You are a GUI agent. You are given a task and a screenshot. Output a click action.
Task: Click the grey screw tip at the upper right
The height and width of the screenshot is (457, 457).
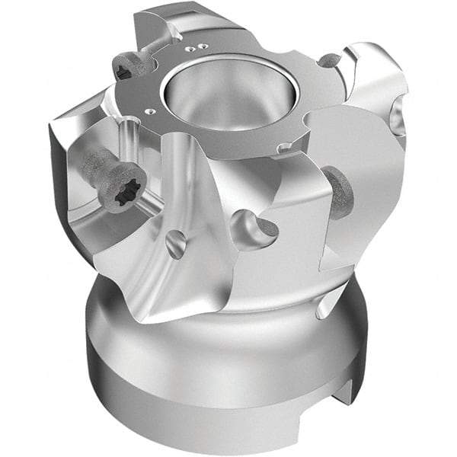tap(329, 59)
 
